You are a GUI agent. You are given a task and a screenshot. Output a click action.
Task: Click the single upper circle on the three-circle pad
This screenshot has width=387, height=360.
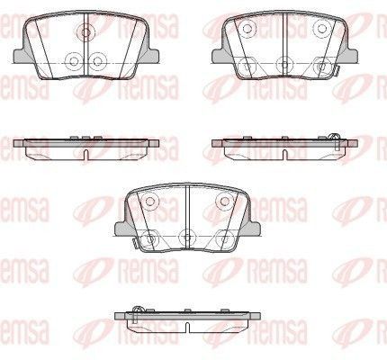85,31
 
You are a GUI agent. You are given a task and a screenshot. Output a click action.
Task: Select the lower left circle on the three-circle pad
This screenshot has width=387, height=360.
73,61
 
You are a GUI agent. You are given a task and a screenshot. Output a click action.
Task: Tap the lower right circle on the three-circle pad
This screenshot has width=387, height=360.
98,61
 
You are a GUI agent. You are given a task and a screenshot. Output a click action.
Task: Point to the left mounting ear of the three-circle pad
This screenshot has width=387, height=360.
21,55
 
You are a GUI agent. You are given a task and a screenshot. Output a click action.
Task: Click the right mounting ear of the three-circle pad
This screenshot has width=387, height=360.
152,55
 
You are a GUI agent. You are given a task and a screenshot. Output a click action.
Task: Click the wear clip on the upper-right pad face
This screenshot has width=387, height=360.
337,71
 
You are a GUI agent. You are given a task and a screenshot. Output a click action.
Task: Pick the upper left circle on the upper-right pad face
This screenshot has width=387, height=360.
247,29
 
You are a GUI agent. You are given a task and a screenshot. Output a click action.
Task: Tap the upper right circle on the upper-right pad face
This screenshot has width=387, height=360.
322,29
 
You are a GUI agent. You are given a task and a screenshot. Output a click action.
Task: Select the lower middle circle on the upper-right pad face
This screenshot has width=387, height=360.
284,64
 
